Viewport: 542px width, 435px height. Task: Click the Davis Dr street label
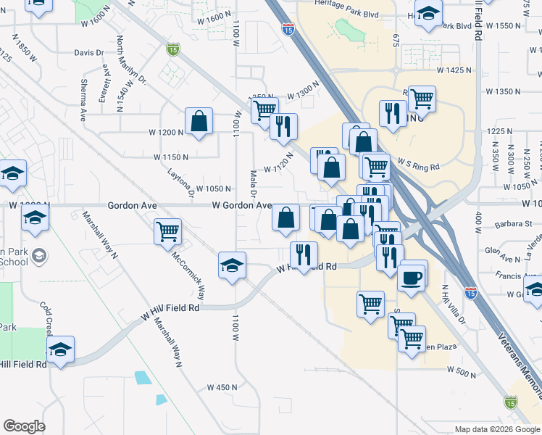90,53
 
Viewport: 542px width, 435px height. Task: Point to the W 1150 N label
171,157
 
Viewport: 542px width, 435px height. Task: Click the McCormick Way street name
188,276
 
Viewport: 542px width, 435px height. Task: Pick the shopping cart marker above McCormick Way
167,232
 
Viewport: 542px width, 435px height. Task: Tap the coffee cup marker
412,277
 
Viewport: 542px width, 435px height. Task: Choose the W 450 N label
222,387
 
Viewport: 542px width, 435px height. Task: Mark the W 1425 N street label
454,70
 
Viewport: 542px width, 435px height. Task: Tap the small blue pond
143,378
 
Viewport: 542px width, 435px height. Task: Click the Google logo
24,426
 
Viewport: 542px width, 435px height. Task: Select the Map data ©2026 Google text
497,429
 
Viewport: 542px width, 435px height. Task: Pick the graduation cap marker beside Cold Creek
61,351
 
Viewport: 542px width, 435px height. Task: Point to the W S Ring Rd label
419,165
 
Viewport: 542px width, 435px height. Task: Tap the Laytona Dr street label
180,185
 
